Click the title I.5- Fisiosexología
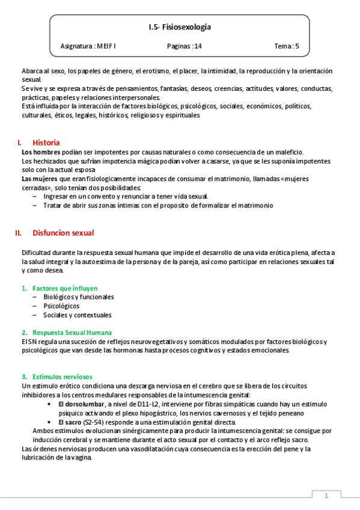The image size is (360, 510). coord(180,27)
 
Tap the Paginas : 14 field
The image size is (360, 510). coord(185,46)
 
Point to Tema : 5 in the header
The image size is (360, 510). coord(287,46)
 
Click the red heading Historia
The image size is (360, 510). coord(46,143)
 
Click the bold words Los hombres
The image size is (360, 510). coord(40,152)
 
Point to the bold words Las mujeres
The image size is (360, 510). coord(39,179)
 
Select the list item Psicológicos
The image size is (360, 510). coord(61,306)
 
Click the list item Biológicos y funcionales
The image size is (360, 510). coord(78,296)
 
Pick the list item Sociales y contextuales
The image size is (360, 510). coord(77,315)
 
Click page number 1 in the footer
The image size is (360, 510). coord(326,496)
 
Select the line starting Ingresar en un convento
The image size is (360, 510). coord(125,197)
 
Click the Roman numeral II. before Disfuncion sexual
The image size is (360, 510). coord(18,233)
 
